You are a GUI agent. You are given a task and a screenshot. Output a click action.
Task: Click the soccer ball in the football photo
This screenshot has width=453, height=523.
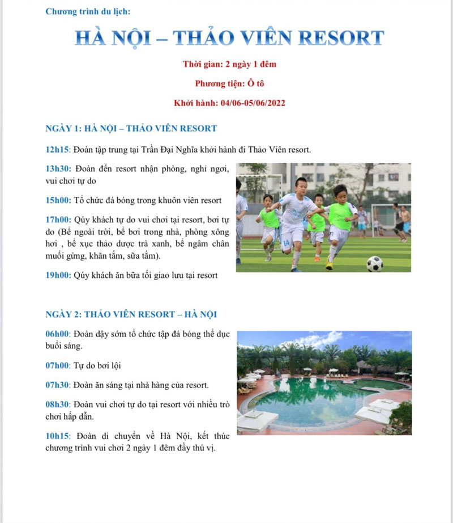click(375, 264)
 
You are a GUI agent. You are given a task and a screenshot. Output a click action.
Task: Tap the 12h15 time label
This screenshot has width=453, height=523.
click(57, 149)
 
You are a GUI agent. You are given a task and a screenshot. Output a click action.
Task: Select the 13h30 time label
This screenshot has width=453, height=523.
click(58, 169)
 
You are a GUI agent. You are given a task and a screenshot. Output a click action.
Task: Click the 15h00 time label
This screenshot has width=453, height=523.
click(58, 200)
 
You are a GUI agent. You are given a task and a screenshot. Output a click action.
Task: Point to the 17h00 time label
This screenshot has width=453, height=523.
click(58, 220)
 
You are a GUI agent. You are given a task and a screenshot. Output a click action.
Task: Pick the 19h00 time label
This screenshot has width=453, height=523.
click(58, 276)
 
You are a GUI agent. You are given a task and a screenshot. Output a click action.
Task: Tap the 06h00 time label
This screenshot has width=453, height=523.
click(57, 334)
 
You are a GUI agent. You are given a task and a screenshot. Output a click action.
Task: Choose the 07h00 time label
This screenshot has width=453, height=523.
click(57, 365)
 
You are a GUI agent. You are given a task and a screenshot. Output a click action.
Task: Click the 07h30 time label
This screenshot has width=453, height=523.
click(57, 385)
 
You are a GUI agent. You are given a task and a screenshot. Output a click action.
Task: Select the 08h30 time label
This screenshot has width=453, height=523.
click(57, 404)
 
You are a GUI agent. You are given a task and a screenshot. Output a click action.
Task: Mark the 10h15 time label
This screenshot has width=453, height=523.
click(57, 436)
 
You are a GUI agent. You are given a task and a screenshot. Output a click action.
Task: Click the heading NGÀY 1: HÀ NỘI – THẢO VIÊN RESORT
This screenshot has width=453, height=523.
click(131, 128)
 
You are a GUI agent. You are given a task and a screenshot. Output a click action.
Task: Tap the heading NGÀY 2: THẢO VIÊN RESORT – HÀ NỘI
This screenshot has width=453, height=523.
click(131, 314)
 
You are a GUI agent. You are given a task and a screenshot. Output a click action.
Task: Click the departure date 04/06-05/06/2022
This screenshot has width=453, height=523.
click(253, 103)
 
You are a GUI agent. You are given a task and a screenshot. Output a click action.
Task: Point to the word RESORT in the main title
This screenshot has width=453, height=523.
click(341, 37)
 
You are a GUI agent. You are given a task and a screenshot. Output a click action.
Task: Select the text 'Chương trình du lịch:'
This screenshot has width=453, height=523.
click(88, 12)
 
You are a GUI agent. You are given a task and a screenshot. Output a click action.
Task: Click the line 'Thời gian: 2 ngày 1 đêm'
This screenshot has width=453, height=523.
click(229, 64)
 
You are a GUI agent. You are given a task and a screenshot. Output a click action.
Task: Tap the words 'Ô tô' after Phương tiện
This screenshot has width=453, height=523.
click(255, 83)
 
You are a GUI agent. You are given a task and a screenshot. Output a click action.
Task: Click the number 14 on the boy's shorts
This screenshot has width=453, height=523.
click(287, 242)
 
